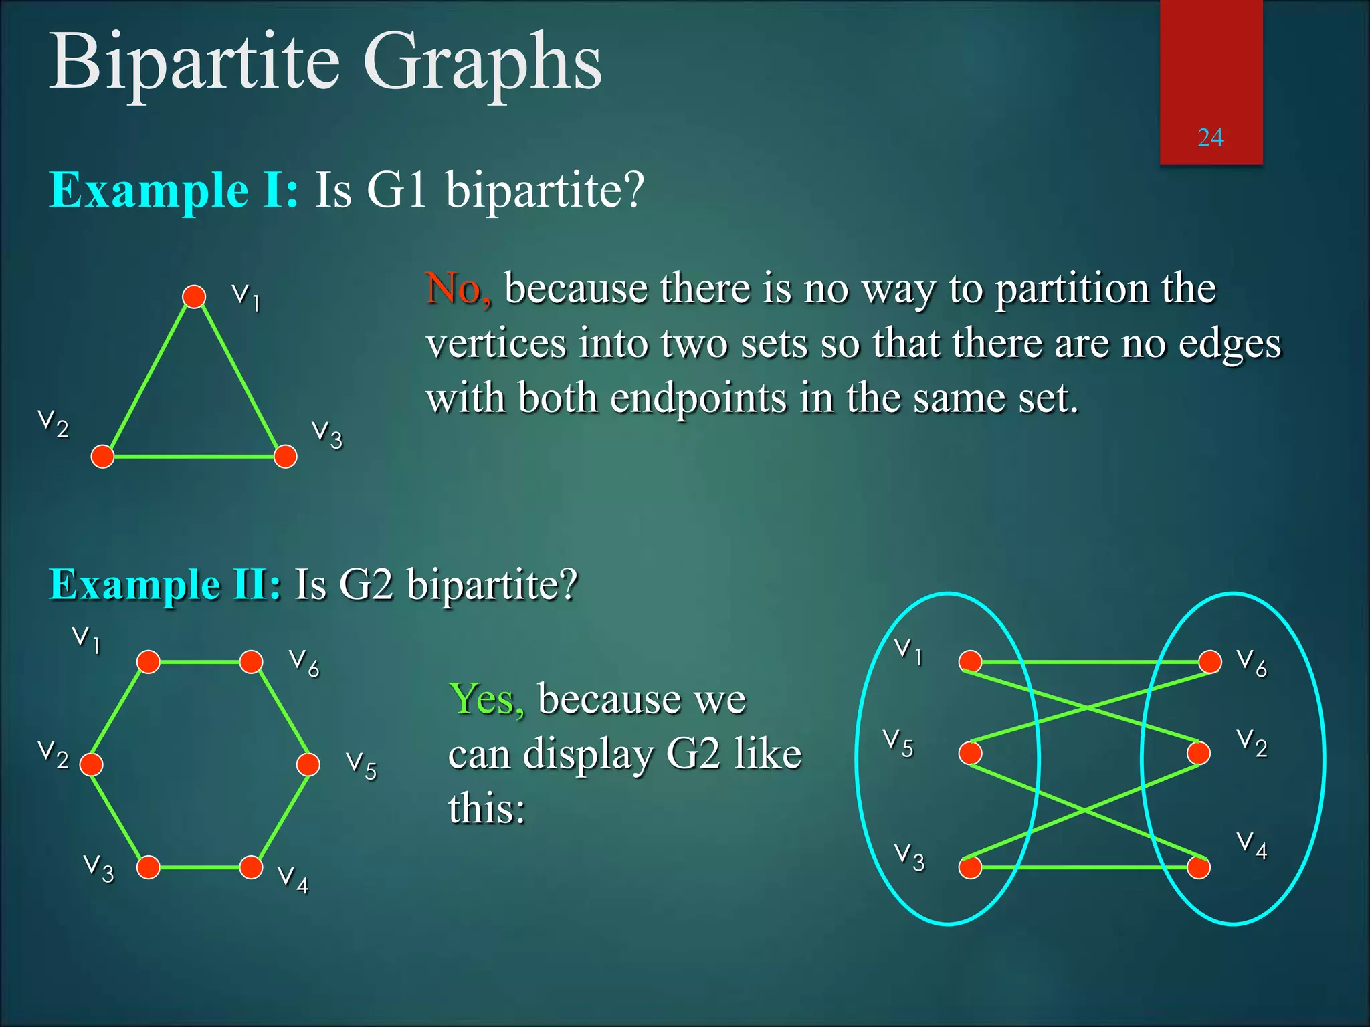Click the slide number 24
[1209, 138]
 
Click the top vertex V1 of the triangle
[194, 296]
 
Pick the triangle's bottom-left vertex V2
[102, 457]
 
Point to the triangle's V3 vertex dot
[286, 457]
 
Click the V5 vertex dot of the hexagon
[308, 764]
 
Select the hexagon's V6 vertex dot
[251, 662]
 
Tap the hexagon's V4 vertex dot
[251, 867]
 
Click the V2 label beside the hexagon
[54, 754]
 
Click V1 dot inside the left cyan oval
[970, 662]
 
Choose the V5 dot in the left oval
[970, 753]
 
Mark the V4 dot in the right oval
[1198, 867]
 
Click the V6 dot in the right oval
[1209, 662]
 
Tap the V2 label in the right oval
[1252, 743]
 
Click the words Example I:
[174, 191]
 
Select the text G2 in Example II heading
[366, 585]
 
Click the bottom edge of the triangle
[194, 457]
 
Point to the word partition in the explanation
[1071, 289]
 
